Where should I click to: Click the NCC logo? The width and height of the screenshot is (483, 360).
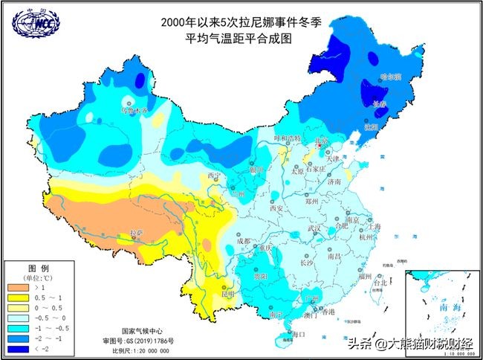click(x=33, y=25)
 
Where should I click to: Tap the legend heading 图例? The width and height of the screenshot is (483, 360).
click(x=39, y=267)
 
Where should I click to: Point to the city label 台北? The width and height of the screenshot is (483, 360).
click(x=380, y=283)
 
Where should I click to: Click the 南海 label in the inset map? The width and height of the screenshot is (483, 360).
click(x=440, y=306)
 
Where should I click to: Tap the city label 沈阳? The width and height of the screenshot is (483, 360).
click(x=370, y=127)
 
